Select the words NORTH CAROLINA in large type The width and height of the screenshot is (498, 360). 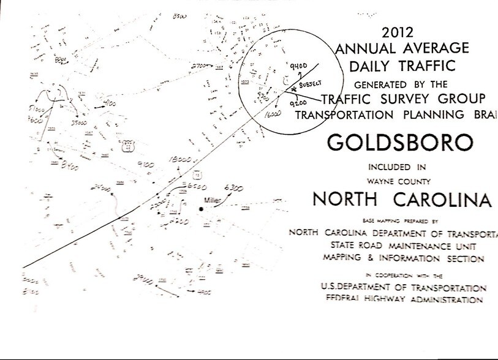point(401,200)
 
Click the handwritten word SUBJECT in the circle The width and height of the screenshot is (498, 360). point(311,83)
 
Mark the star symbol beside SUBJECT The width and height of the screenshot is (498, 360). point(294,89)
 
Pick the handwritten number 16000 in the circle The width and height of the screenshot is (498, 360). point(274,114)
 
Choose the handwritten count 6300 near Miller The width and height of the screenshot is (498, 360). point(233,187)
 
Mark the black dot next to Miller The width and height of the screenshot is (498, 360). point(200,210)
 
